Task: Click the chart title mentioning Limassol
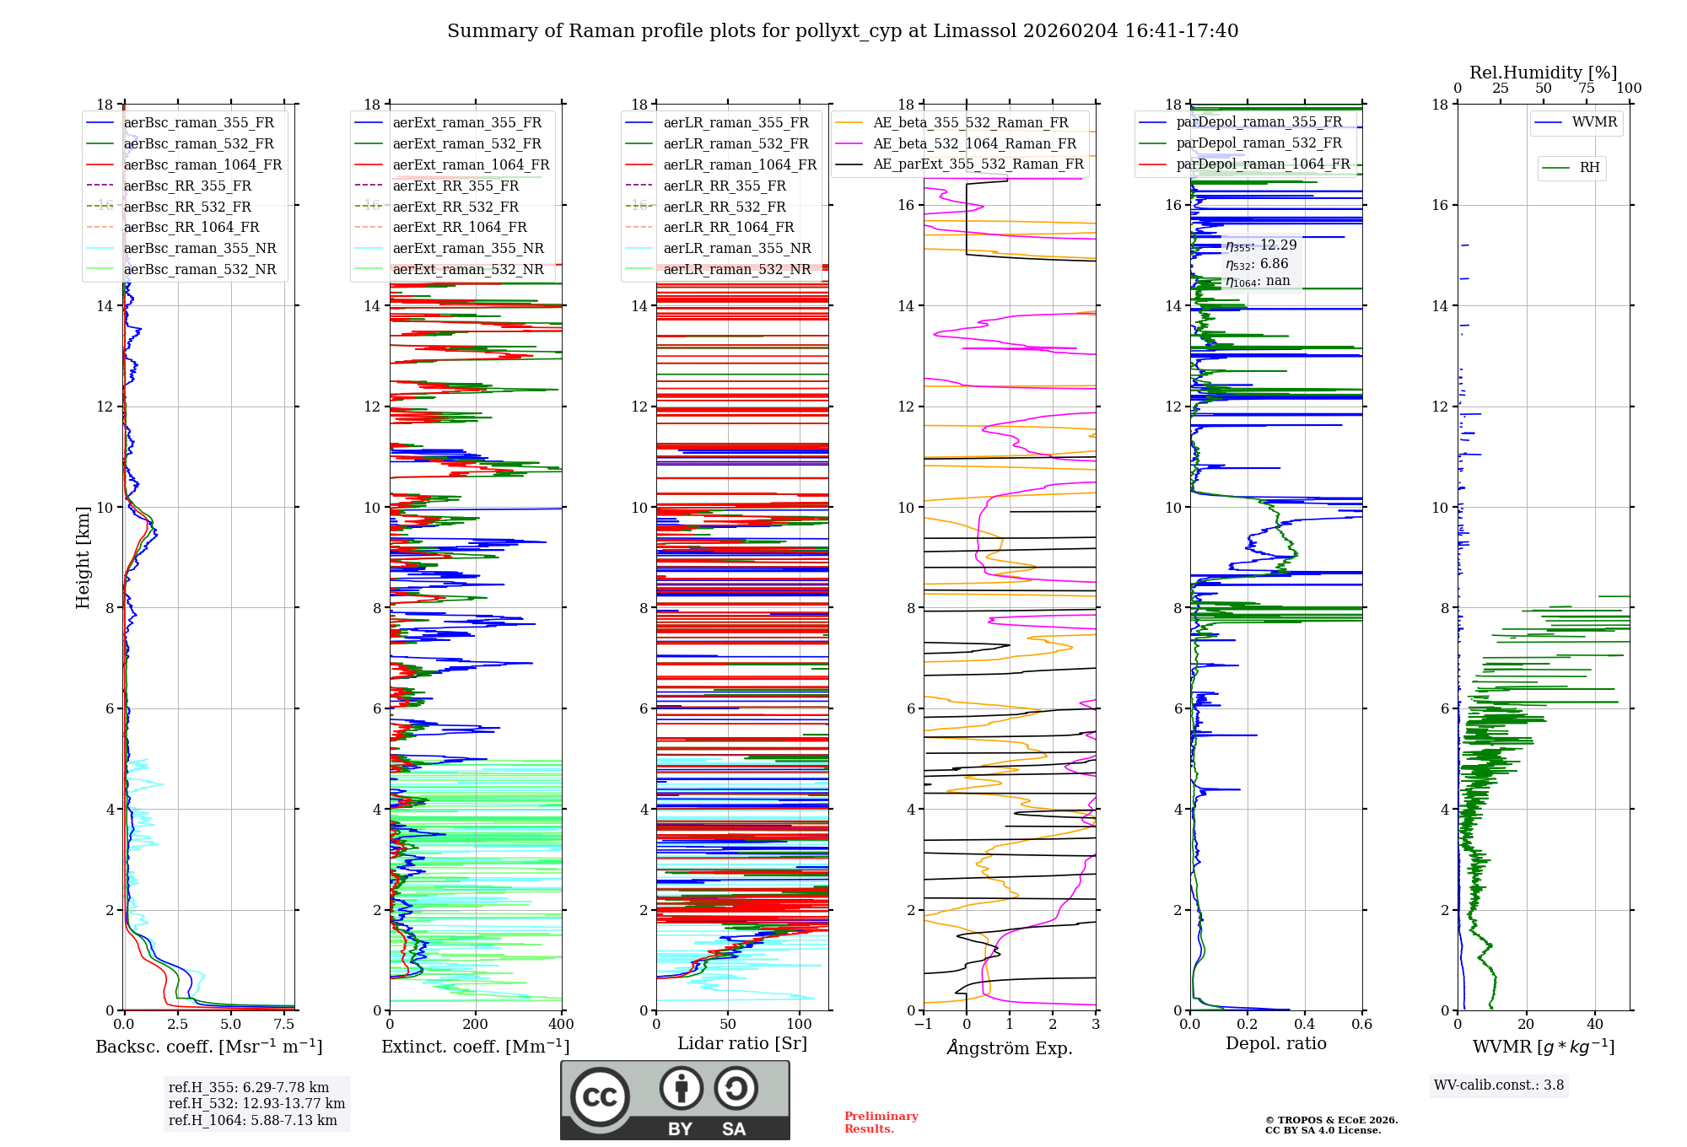843,31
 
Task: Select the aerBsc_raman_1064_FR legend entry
185,164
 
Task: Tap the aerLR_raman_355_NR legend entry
718,248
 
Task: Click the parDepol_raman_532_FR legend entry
1241,143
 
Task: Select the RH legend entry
1571,168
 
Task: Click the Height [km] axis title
83,557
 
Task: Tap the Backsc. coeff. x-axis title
209,1047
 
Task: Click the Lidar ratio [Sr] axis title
742,1044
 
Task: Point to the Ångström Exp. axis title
1010,1047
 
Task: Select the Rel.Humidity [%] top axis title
1544,73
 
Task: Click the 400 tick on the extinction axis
562,1024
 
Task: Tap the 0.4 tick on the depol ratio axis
1305,1024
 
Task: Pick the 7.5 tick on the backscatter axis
284,1024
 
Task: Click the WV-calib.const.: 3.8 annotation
1499,1085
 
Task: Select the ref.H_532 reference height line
256,1103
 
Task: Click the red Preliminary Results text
881,1123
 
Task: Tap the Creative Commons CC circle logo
600,1096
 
